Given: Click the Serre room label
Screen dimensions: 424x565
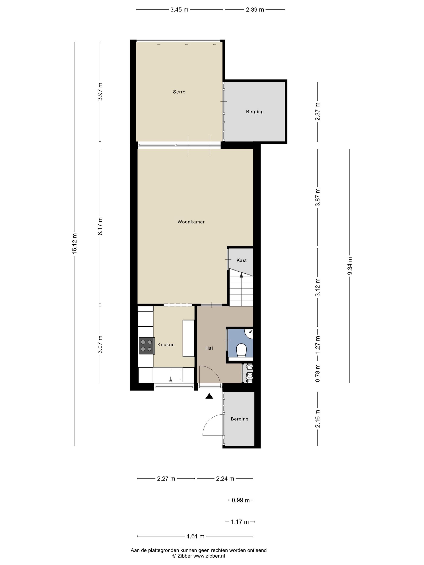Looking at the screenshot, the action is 179,92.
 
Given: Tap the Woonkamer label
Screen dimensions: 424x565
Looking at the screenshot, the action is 191,222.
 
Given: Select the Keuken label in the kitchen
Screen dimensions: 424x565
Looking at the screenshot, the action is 166,345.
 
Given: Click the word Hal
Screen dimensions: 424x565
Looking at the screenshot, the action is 209,348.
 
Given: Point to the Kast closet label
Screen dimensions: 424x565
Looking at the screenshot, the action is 241,260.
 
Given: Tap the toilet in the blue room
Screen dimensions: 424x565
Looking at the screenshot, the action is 241,351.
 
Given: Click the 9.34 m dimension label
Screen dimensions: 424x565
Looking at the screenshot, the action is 350,266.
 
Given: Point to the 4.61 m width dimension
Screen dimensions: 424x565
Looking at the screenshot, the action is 195,536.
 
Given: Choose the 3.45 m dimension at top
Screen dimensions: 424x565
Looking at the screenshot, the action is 179,10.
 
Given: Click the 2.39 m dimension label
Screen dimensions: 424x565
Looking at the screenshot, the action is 255,10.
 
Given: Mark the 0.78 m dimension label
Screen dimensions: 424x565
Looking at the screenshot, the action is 317,373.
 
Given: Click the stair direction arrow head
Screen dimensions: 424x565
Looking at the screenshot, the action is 241,275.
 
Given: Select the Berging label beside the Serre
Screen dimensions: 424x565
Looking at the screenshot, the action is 255,112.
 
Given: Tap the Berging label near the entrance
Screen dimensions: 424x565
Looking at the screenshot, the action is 239,419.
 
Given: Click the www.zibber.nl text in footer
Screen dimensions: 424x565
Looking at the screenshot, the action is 209,556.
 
